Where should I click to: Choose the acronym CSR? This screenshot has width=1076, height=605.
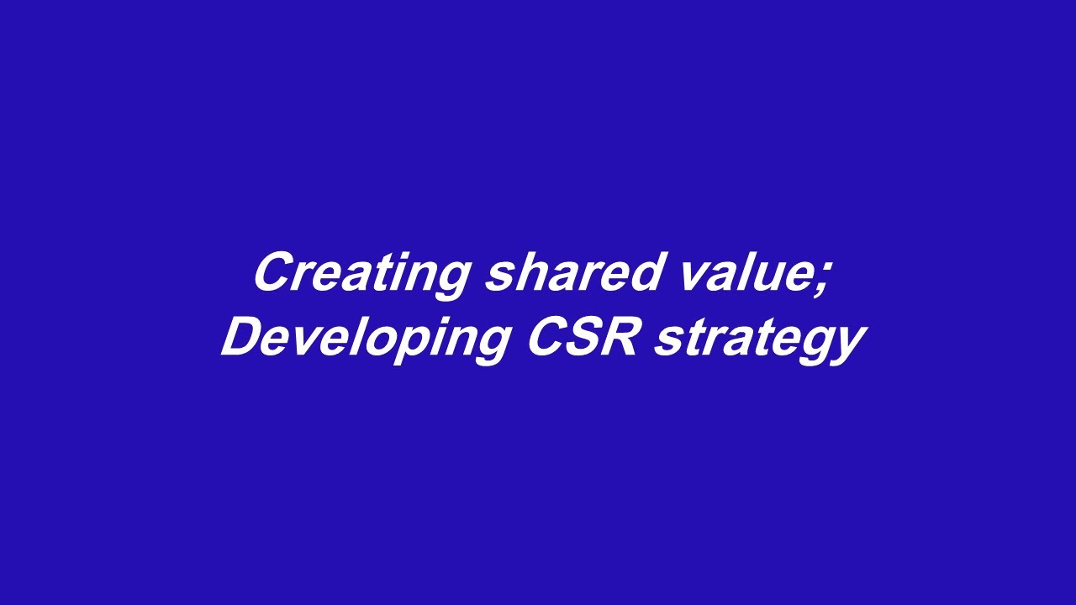(582, 338)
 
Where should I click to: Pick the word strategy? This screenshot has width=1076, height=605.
(759, 340)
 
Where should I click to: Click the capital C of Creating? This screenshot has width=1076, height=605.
(273, 273)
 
